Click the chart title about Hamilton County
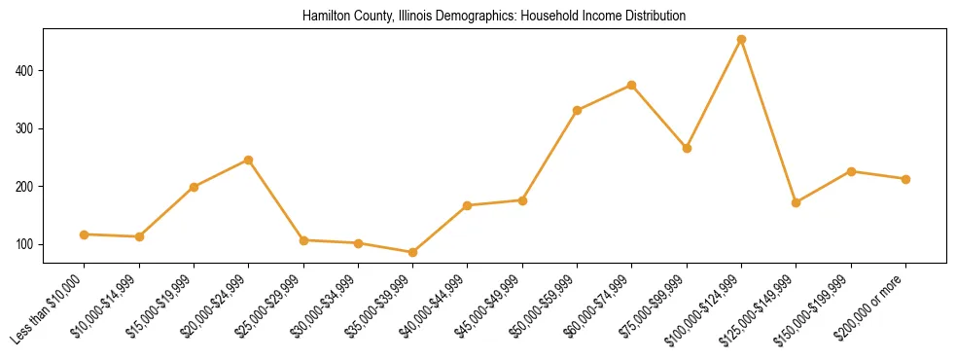click(x=494, y=16)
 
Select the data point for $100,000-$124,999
click(x=741, y=40)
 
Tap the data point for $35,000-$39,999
click(x=412, y=252)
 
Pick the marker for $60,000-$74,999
click(x=632, y=85)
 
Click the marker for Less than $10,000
click(x=85, y=234)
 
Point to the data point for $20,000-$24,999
click(x=249, y=160)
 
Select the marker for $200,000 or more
click(x=905, y=179)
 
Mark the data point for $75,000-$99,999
click(x=687, y=148)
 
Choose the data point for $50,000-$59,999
click(x=577, y=110)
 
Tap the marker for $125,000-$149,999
click(x=796, y=202)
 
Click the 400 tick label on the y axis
click(x=27, y=71)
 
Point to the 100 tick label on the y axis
click(x=27, y=244)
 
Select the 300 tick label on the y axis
click(x=27, y=128)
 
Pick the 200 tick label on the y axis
click(x=27, y=186)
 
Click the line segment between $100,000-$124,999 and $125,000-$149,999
click(x=768, y=122)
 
